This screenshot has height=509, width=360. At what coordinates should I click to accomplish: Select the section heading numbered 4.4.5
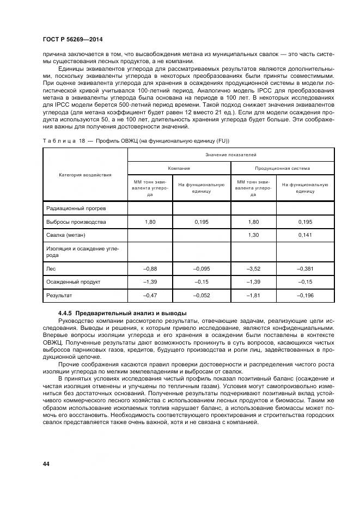[123, 313]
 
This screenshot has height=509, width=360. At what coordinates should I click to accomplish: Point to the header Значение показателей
[231, 155]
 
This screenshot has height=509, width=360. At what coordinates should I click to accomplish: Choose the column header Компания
[179, 168]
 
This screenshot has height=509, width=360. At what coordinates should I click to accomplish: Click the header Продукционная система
[282, 168]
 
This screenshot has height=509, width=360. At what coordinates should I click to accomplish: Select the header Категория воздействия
[85, 175]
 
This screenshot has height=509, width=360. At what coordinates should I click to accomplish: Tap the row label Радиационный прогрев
[72, 208]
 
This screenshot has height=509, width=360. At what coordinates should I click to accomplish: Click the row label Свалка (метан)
[66, 235]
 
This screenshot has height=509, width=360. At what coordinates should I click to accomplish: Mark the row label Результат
[59, 295]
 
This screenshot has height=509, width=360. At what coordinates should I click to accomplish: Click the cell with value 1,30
[253, 235]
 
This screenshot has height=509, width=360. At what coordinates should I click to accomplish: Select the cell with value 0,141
[305, 235]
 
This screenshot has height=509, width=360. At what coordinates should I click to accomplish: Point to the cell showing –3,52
[253, 268]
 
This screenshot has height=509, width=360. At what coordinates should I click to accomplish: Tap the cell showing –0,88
[150, 268]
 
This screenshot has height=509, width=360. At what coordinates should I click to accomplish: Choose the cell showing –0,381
[305, 268]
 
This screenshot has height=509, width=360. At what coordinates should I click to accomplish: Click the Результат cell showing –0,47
[150, 295]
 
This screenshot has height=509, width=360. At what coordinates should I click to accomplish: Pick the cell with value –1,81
[253, 295]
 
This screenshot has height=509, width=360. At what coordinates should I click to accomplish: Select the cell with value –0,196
[305, 295]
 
